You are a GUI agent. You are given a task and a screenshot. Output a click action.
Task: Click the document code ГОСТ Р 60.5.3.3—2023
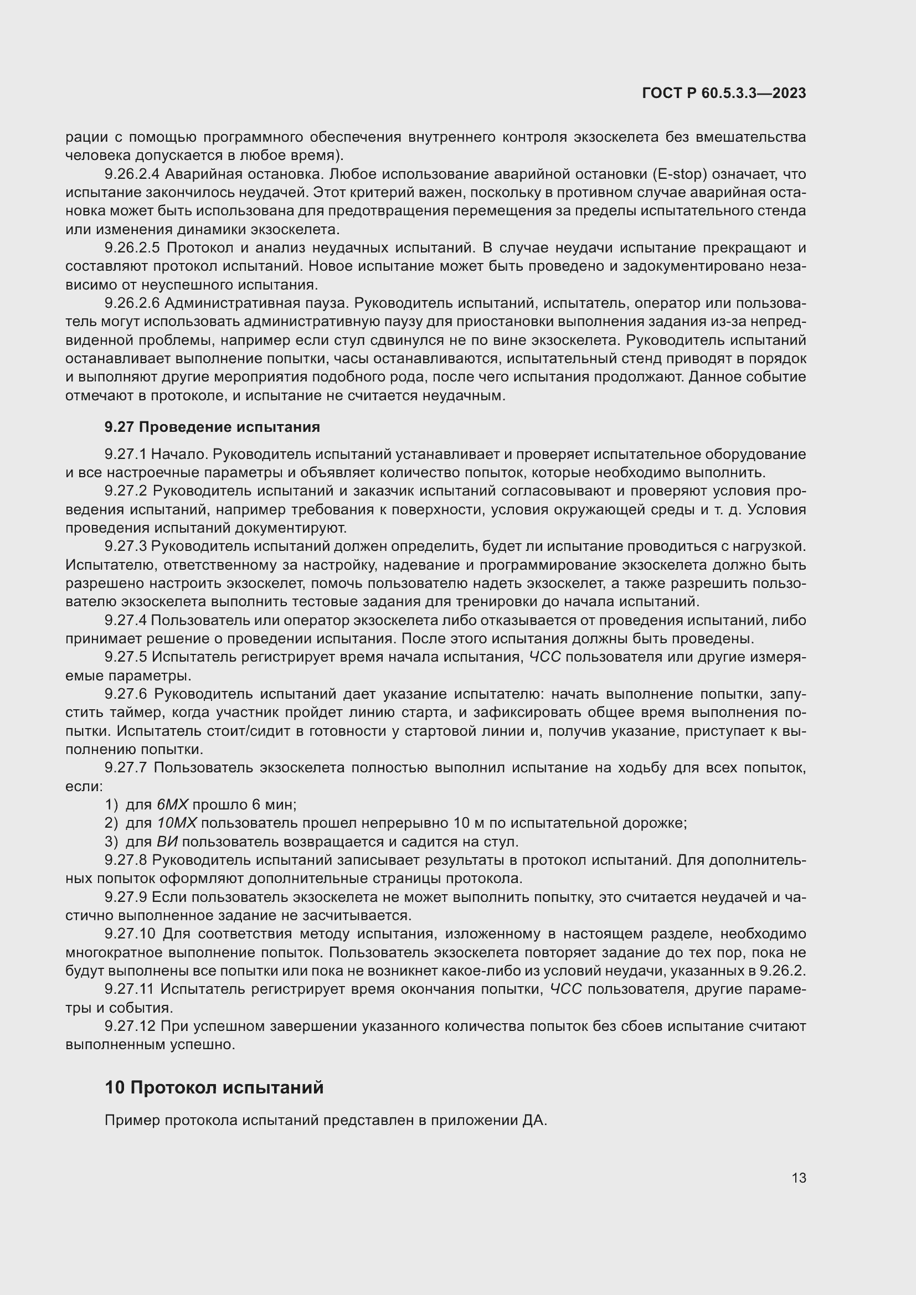click(x=724, y=94)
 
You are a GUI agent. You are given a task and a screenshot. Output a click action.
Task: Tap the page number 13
click(x=799, y=1178)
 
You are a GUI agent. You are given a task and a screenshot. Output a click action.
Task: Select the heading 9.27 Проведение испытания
click(x=212, y=427)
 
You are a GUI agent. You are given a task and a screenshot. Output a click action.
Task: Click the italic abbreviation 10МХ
click(x=177, y=823)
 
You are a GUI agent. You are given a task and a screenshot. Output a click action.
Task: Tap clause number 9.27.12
click(x=130, y=1026)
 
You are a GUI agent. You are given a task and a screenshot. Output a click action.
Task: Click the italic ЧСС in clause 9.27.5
click(x=545, y=657)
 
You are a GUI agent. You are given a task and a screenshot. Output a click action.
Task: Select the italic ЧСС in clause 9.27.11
click(x=566, y=989)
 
